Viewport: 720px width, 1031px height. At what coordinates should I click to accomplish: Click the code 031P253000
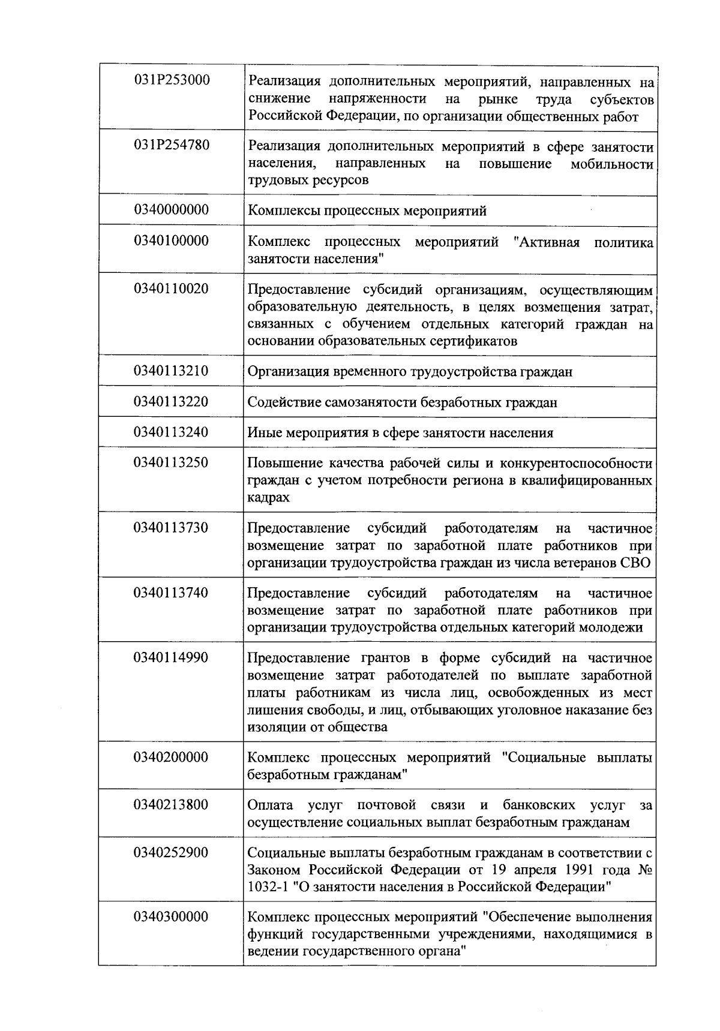click(172, 79)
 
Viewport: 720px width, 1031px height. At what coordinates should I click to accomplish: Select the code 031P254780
click(172, 145)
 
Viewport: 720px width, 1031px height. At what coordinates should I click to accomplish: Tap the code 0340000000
click(172, 209)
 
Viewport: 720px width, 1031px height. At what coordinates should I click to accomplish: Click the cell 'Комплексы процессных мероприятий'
click(367, 211)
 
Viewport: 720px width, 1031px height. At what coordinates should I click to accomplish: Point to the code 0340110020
click(172, 288)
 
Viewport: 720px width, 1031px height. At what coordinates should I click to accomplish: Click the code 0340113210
click(172, 371)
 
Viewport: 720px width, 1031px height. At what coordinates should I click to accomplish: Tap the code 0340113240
click(172, 432)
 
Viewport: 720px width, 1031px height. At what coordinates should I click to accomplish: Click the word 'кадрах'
click(268, 498)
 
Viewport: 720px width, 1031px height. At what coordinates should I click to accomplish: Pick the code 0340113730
click(172, 527)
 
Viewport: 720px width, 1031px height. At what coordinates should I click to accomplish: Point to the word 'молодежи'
click(616, 628)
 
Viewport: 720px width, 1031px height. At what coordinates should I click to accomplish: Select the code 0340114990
click(172, 657)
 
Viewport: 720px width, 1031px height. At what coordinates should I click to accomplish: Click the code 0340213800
click(172, 804)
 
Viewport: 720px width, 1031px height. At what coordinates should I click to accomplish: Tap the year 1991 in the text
click(563, 870)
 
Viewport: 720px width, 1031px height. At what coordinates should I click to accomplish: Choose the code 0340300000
click(172, 916)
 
